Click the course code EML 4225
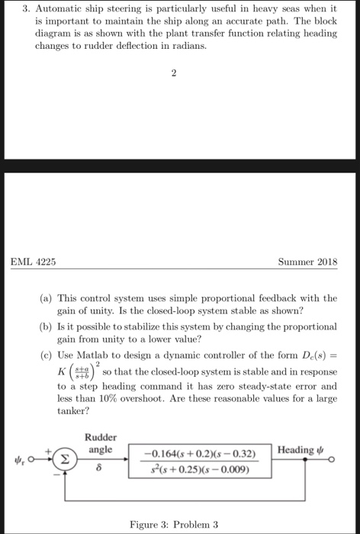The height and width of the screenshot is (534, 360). (33, 262)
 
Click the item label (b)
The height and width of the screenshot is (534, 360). (47, 326)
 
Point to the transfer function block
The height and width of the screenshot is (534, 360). (200, 462)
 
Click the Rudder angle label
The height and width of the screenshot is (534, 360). (100, 444)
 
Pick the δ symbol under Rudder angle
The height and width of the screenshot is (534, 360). (98, 468)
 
